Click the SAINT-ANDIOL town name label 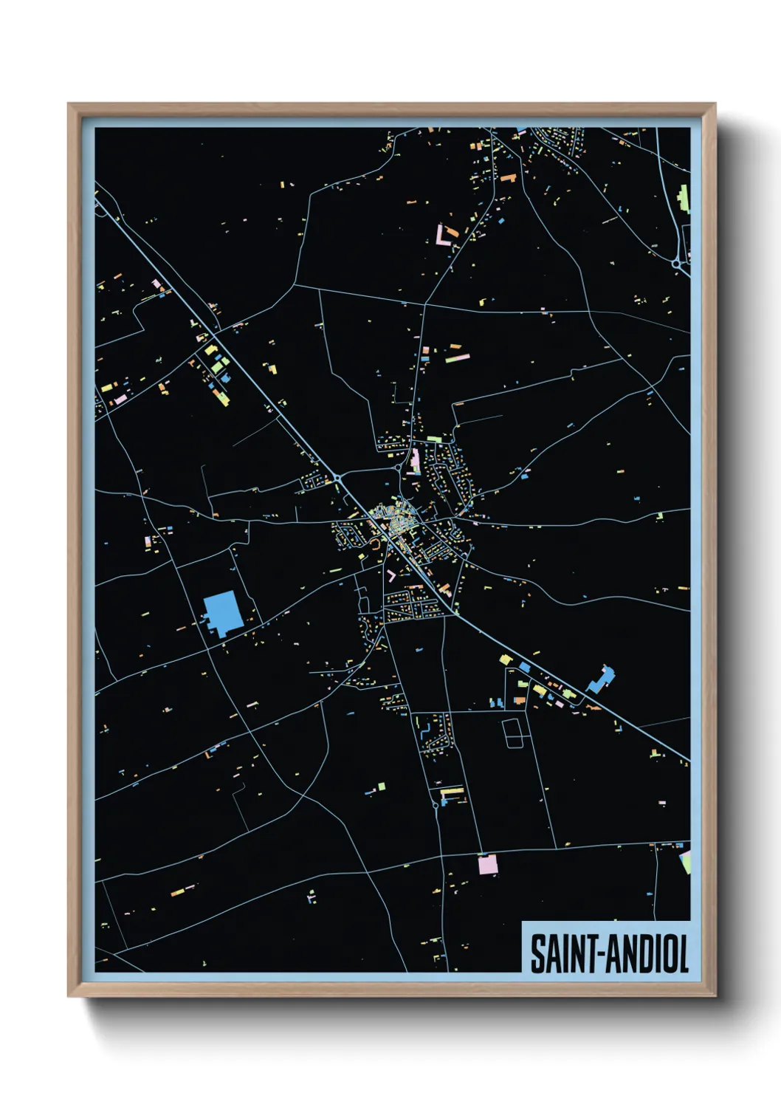tap(608, 953)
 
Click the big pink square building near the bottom tap(488, 863)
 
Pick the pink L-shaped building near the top tap(443, 236)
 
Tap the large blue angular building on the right tap(602, 679)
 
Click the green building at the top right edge tap(684, 198)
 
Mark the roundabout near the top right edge tap(676, 262)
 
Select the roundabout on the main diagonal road tap(338, 479)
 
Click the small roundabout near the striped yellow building tap(436, 805)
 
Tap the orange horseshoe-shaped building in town tap(376, 544)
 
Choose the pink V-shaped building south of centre tap(390, 575)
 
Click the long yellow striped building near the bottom tap(452, 791)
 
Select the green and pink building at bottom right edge tap(685, 861)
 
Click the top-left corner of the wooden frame tap(69, 104)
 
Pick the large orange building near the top tap(508, 178)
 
